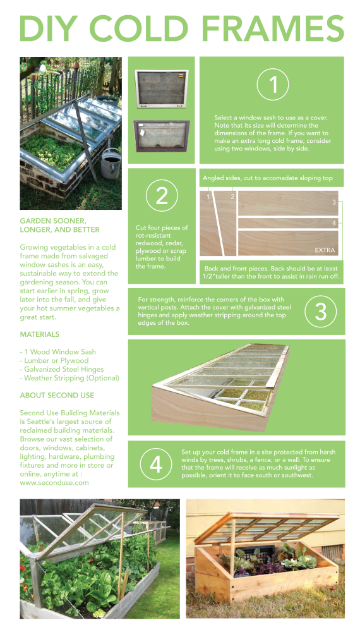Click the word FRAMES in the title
273,28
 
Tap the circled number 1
273,84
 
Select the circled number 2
162,195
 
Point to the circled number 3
321,311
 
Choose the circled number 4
156,464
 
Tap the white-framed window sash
162,88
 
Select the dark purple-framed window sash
161,136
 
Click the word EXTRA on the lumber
325,250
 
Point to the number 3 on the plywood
334,202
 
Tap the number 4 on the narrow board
334,223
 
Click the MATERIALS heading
39,334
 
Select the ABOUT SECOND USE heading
57,396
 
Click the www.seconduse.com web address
54,482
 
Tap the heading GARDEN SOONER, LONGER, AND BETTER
59,226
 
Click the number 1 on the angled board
208,197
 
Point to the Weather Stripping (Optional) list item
69,378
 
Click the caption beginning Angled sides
267,178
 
